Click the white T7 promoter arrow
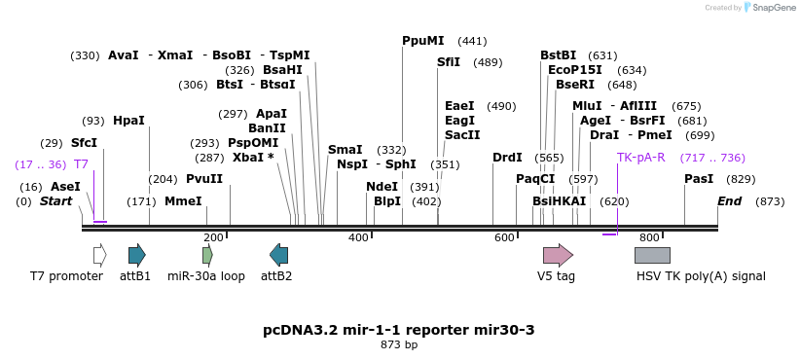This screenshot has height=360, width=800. pyautogui.click(x=99, y=255)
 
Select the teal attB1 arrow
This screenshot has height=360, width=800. pyautogui.click(x=136, y=255)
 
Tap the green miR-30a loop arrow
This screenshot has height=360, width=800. pyautogui.click(x=207, y=255)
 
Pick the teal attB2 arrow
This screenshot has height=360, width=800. pyautogui.click(x=278, y=255)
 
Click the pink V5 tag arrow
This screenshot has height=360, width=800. pyautogui.click(x=558, y=255)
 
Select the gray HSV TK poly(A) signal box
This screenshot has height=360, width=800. pyautogui.click(x=652, y=255)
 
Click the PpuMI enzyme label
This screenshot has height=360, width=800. pyautogui.click(x=422, y=41)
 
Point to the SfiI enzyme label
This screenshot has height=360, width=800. pyautogui.click(x=449, y=62)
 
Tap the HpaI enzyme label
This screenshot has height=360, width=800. pyautogui.click(x=128, y=121)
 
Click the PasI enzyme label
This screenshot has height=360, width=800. pyautogui.click(x=699, y=179)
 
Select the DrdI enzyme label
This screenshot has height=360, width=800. pyautogui.click(x=507, y=157)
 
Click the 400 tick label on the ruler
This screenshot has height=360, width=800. pyautogui.click(x=358, y=237)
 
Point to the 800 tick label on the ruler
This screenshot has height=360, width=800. pyautogui.click(x=649, y=237)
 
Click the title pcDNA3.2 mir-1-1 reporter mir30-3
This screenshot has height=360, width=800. pyautogui.click(x=399, y=330)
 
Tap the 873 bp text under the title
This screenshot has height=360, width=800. pyautogui.click(x=399, y=344)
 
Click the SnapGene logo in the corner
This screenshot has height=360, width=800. pyautogui.click(x=768, y=8)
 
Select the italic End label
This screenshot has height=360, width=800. pyautogui.click(x=729, y=201)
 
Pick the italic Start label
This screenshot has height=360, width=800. pyautogui.click(x=55, y=201)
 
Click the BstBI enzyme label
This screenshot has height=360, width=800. pyautogui.click(x=559, y=55)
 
